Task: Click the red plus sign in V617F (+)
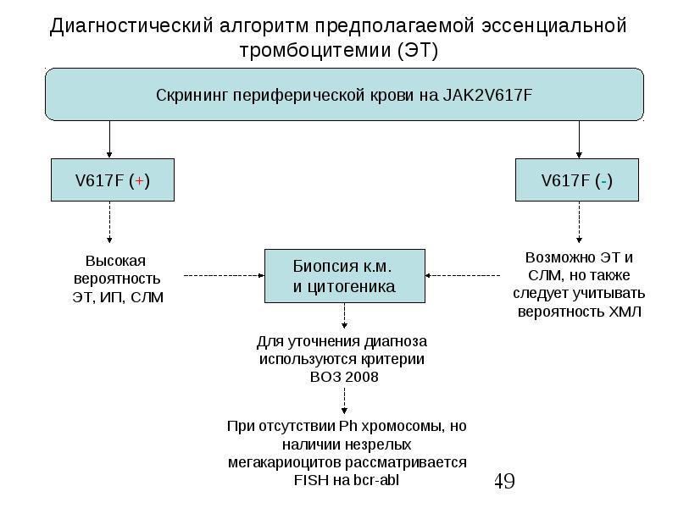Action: [139, 181]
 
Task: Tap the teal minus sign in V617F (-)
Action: [603, 181]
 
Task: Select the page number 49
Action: [504, 481]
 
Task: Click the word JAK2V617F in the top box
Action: [487, 95]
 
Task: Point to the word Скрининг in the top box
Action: [192, 96]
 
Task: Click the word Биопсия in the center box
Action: [320, 267]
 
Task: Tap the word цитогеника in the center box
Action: [351, 287]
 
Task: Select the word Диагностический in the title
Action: [131, 26]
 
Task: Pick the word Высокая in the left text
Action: [115, 261]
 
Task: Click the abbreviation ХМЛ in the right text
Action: [625, 312]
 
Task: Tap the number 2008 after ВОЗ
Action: [363, 377]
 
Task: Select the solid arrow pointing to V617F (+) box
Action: [109, 139]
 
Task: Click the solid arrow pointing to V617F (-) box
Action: [579, 139]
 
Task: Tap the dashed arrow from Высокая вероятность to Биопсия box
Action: [224, 275]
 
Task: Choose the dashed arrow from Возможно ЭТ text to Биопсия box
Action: [463, 275]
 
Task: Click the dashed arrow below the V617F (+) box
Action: [109, 222]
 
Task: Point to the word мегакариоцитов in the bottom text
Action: [285, 462]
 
